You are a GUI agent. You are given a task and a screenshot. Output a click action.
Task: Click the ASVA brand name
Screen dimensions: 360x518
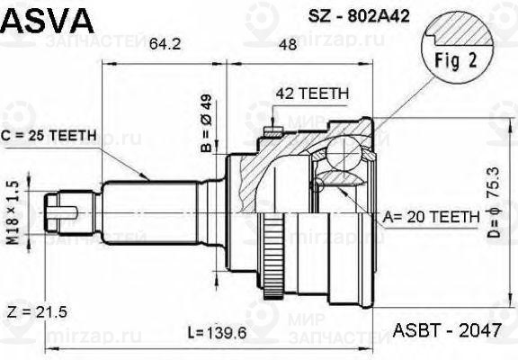42,17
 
